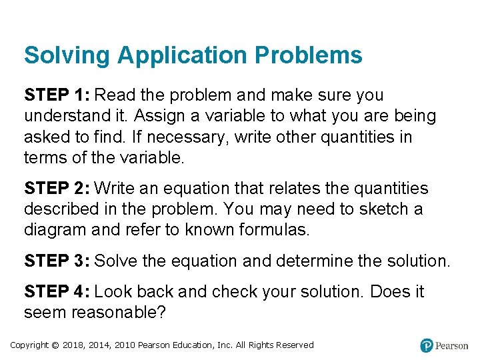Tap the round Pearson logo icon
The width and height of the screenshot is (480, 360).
tap(427, 345)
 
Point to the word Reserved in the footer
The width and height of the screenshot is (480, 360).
tap(294, 345)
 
